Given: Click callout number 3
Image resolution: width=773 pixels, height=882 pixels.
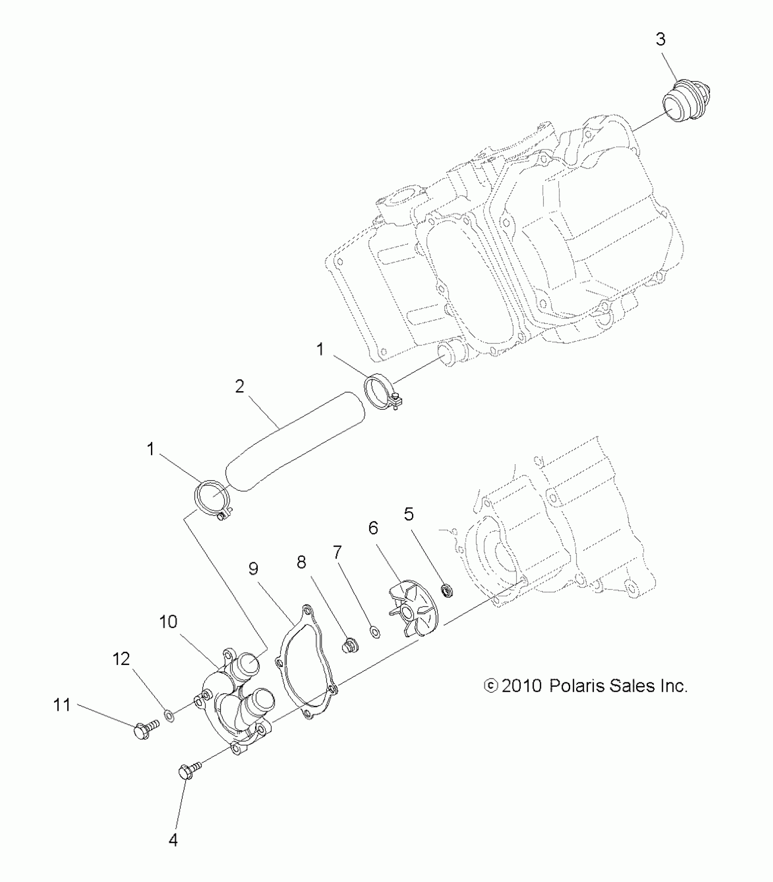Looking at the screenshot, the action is [x=661, y=40].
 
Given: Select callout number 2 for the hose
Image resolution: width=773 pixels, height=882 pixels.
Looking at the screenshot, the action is [x=240, y=387].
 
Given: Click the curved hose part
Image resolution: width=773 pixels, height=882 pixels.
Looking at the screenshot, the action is [x=296, y=441].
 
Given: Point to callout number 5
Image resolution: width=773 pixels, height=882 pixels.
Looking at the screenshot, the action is [x=409, y=514].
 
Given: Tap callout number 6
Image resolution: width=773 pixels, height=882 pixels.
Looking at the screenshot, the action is [x=373, y=529].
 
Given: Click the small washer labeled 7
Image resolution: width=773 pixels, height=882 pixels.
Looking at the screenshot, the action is [x=376, y=632].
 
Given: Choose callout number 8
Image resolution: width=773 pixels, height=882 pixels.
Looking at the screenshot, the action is [x=301, y=563].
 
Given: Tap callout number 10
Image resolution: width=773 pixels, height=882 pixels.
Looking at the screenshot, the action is [x=168, y=622].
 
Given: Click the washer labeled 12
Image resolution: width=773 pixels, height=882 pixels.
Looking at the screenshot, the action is [x=169, y=717].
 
